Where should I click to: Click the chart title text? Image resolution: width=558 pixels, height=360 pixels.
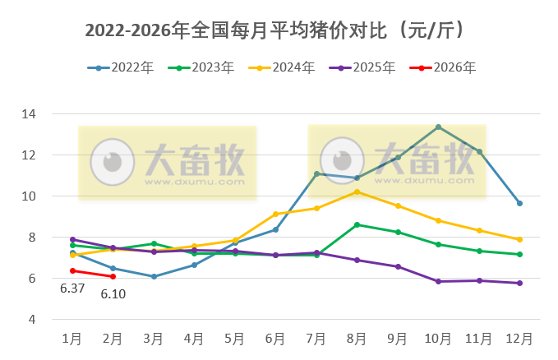[x=278, y=30]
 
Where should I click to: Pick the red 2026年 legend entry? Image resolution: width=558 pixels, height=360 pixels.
[x=443, y=68]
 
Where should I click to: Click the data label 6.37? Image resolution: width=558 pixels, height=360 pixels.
[x=72, y=288]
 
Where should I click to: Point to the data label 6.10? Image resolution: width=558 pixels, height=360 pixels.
[x=113, y=293]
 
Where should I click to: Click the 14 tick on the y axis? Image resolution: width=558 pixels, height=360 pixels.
[x=51, y=114]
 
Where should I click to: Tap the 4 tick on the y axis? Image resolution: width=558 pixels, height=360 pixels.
[x=53, y=320]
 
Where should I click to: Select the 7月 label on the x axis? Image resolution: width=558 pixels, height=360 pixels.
[x=316, y=339]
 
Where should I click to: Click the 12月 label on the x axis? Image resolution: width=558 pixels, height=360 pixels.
[x=519, y=339]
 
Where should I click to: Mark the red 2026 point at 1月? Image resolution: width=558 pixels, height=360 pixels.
[x=72, y=270]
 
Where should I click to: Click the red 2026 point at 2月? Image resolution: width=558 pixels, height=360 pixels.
[x=113, y=276]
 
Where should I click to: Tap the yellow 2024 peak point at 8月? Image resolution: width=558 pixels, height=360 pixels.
[x=357, y=192]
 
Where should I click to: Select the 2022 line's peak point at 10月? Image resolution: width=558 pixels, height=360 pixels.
[x=438, y=127]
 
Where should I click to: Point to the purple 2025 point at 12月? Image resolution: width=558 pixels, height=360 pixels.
[x=519, y=283]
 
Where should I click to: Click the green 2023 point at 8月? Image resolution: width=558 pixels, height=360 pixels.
[x=357, y=224]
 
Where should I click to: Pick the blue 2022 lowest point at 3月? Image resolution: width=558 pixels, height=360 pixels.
[x=154, y=276]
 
